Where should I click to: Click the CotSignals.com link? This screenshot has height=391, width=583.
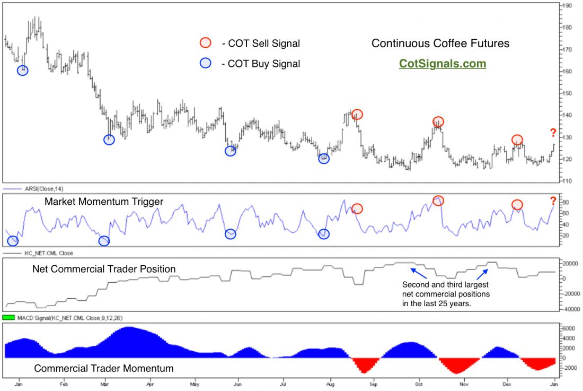pos(442,64)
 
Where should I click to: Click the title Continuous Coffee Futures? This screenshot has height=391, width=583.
pos(440,44)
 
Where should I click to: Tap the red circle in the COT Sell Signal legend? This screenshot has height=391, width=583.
pos(205,43)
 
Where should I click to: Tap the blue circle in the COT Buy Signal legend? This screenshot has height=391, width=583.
pos(205,63)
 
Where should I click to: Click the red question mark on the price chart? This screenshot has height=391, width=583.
pos(553,133)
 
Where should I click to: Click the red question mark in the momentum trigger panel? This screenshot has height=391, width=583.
pos(553,201)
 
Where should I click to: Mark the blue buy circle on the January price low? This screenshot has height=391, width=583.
pos(22,71)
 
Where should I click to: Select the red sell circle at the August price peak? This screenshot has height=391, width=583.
pos(357,114)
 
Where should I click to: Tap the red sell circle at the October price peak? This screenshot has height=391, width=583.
pos(438,121)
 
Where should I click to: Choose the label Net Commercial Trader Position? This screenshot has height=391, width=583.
pos(104,269)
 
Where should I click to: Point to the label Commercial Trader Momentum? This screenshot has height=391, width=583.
pos(104,368)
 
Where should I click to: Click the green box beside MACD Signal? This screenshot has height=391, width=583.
pos(9,317)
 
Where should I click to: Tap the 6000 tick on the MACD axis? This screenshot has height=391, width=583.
pos(569,328)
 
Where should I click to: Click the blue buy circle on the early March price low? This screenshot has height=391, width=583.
pos(109,140)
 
